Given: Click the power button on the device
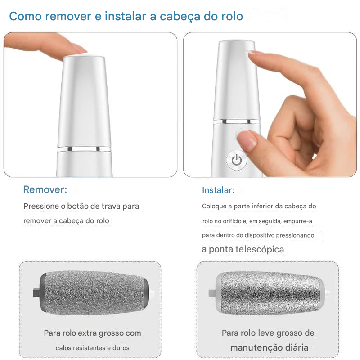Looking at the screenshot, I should tap(237, 160).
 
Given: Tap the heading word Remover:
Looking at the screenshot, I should tap(45, 189).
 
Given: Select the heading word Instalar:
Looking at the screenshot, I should tap(218, 190).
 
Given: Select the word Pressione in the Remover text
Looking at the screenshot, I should tap(44, 207).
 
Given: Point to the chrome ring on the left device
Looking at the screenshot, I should tap(85, 148).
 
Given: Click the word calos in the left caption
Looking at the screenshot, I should tap(64, 348).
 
